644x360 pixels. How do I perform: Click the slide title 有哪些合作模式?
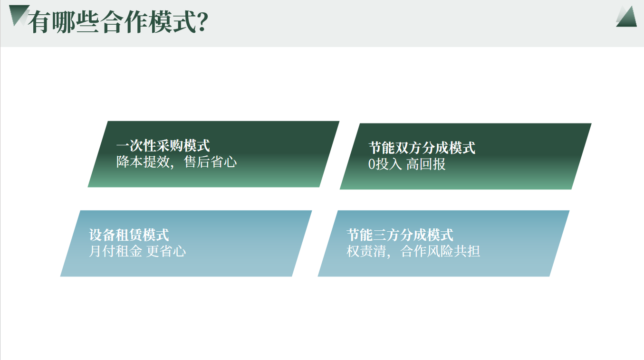point(118,22)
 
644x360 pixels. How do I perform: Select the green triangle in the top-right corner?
point(627,17)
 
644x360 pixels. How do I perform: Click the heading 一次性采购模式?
point(163,146)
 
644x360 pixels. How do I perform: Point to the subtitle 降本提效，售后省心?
point(176,162)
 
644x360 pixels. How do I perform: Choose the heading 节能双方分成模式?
point(422,148)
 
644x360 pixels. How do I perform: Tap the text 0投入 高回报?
point(406,164)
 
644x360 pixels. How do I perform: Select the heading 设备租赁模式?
point(129,235)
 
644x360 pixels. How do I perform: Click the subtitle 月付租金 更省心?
point(137,251)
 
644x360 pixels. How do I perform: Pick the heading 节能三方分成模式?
point(400,235)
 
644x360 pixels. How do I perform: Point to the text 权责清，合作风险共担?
point(413,251)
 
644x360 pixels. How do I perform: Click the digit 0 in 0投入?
point(372,164)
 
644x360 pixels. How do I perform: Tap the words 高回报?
point(426,164)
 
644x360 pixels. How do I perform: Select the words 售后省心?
point(211,162)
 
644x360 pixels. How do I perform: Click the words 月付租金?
point(115,251)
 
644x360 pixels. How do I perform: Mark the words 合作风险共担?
point(440,251)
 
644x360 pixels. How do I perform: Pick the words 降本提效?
point(143,162)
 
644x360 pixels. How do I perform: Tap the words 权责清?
point(366,251)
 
